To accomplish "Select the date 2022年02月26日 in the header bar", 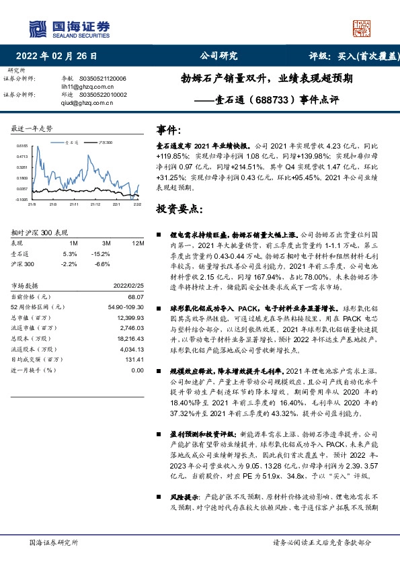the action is (60, 57).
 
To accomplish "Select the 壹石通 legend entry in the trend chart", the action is (73, 143).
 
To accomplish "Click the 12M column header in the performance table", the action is (138, 243).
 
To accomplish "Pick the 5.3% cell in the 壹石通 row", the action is (71, 254).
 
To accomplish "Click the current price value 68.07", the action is (136, 296).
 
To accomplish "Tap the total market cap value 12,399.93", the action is (131, 316).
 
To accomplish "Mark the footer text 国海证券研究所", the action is (54, 542).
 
